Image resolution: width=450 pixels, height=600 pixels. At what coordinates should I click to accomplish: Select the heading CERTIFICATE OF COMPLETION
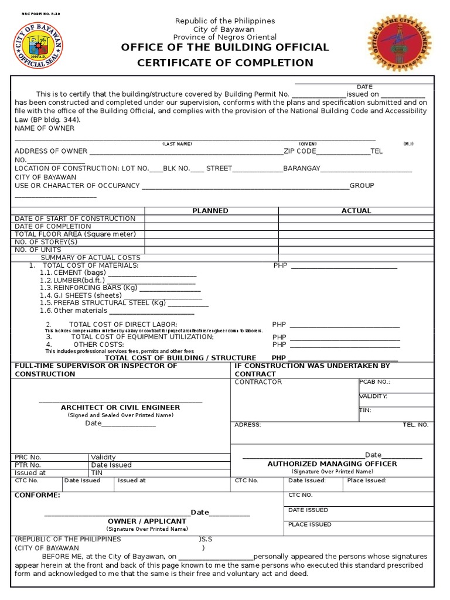coord(225,63)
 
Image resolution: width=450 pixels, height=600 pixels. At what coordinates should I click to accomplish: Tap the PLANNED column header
coord(210,211)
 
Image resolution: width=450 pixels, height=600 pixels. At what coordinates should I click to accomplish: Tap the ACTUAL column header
coord(356,211)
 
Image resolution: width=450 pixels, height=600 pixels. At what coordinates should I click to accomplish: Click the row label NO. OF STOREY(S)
coord(46,242)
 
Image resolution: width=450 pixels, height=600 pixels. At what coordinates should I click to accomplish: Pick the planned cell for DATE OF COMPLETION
coord(211,227)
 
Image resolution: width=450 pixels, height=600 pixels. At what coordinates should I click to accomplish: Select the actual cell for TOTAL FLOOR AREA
coord(356,234)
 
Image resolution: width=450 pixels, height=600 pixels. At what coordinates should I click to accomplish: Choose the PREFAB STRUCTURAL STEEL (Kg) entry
coord(110,303)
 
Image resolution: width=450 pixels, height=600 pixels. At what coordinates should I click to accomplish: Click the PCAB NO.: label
coord(374,382)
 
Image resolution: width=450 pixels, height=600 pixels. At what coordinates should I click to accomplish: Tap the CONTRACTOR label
coord(258,382)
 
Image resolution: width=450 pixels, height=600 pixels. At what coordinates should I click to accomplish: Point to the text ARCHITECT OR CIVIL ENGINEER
coord(120,407)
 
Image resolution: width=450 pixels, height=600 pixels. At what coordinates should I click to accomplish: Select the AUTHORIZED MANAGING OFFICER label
coord(332,463)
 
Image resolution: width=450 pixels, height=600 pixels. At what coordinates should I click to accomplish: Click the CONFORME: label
coord(37,495)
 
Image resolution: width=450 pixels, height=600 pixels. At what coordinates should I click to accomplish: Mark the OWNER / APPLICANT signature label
coord(146,521)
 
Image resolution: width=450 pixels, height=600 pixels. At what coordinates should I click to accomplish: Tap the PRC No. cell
coord(28,457)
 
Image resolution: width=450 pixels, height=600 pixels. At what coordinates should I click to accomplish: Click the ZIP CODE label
coord(299,151)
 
